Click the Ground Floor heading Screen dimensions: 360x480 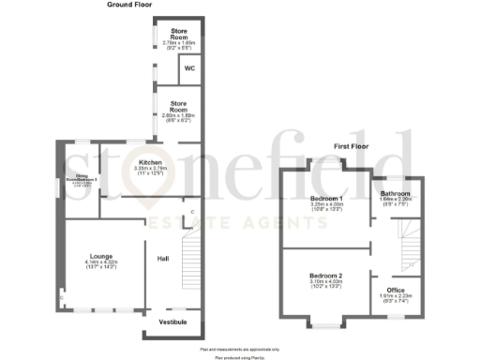130,5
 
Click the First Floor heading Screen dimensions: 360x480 353,146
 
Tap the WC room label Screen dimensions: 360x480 188,68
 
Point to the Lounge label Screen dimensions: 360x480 101,255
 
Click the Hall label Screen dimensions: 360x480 162,258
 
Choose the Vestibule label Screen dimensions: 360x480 172,322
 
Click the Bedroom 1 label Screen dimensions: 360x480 326,199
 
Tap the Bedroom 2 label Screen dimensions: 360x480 326,275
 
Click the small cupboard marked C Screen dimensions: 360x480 191,212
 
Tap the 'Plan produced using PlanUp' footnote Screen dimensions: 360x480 239,356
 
